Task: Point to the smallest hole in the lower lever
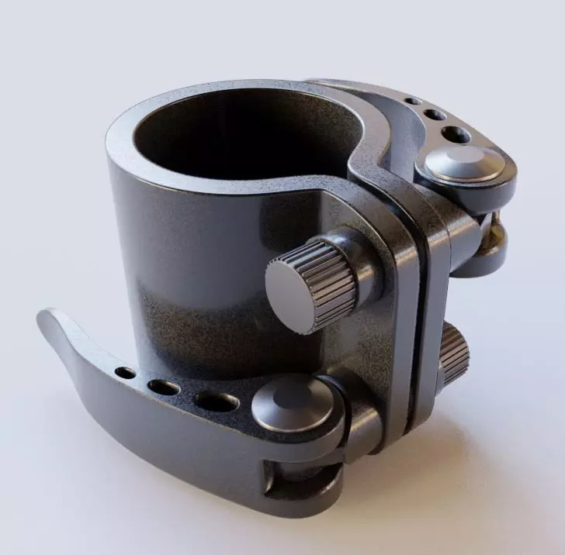125,373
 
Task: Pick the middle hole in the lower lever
163,387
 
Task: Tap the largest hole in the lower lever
217,402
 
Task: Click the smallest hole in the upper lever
413,101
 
